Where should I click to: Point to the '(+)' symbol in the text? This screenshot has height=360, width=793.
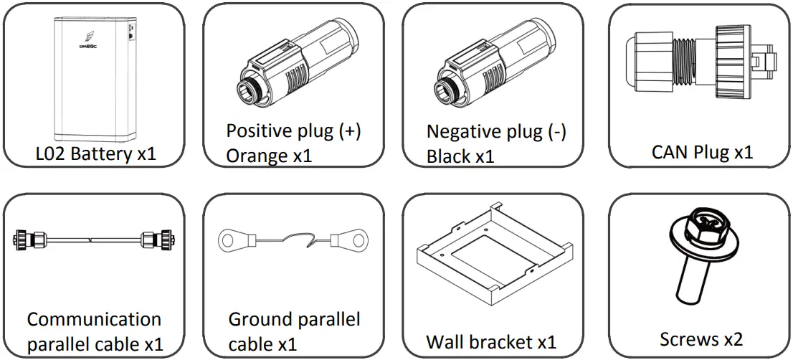[346, 131]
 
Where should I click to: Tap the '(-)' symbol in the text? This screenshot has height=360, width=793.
[554, 132]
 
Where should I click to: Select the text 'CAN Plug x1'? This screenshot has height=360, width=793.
[702, 152]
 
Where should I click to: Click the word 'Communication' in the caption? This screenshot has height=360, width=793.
[94, 319]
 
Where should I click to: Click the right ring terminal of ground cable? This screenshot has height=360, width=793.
[349, 236]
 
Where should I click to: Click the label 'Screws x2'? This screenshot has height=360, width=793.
[701, 338]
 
